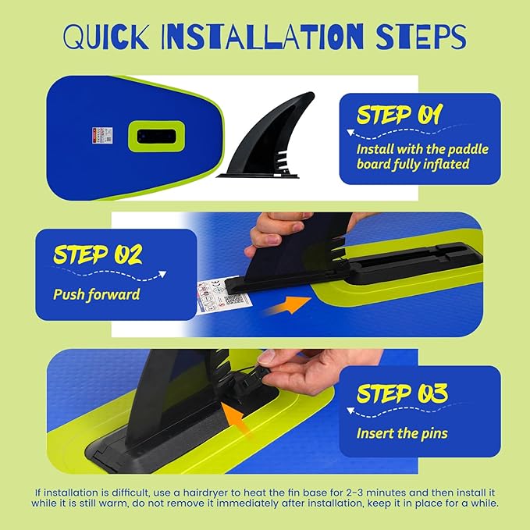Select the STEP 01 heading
(399, 116)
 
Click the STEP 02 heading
(97, 254)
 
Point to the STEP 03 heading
(402, 394)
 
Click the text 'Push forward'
(96, 295)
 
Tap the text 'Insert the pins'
(402, 432)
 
